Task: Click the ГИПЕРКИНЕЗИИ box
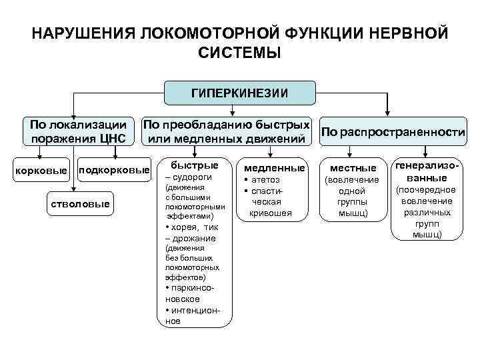pos(240,93)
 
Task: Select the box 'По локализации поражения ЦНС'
pos(74,131)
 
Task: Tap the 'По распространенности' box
pos(393,133)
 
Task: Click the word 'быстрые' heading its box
pos(195,165)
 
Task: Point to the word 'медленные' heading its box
pos(270,168)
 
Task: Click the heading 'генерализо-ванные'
pos(426,171)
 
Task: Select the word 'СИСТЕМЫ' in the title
pos(239,53)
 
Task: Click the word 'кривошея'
pos(270,213)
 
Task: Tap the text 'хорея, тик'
pos(194,227)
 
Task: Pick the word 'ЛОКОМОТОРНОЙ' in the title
pos(204,34)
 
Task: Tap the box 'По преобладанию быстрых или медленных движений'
pos(227,131)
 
